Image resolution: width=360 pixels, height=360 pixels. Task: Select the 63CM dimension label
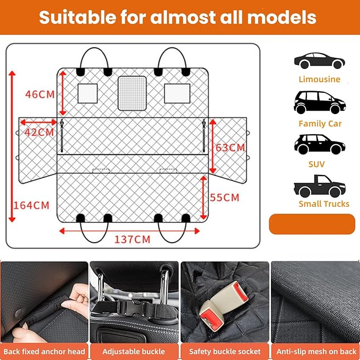(x=230, y=147)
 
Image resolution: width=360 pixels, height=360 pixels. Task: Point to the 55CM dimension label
(x=225, y=197)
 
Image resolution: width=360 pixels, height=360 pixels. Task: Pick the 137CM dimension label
(x=133, y=239)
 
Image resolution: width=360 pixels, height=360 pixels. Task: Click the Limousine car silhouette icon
(x=319, y=61)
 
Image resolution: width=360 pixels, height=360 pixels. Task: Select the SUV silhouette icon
(x=319, y=144)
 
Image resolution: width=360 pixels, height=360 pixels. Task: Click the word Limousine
(x=319, y=80)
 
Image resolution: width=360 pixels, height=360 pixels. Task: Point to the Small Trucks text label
(x=323, y=204)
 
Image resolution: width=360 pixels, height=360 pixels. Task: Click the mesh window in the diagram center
(x=131, y=93)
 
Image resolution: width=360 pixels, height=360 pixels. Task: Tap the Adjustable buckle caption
(x=134, y=351)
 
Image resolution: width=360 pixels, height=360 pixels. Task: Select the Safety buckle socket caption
(x=225, y=351)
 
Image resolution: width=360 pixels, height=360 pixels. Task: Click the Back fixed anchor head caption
(x=44, y=351)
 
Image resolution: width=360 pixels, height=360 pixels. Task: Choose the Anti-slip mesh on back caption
(x=315, y=351)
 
